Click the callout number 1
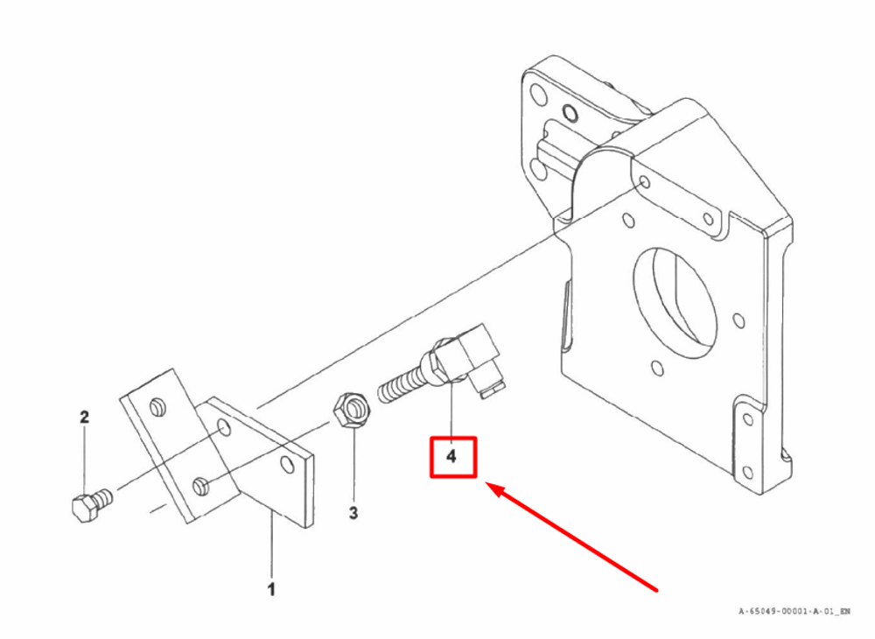click(x=271, y=589)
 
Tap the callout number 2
click(x=84, y=418)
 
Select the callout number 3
click(x=353, y=513)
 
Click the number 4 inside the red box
click(x=451, y=456)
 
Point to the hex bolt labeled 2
click(x=88, y=506)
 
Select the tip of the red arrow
click(x=490, y=486)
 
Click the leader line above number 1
click(x=271, y=547)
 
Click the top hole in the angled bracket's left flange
click(x=157, y=406)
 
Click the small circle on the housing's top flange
click(x=570, y=112)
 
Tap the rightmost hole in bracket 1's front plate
click(x=286, y=461)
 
